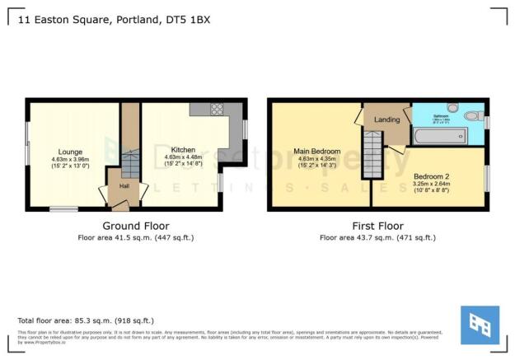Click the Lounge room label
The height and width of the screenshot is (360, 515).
[x=70, y=151]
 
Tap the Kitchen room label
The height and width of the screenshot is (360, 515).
[x=183, y=150]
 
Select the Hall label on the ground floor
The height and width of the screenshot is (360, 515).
[x=124, y=186]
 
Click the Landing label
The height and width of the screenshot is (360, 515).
[x=387, y=119]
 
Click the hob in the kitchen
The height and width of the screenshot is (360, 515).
[x=218, y=108]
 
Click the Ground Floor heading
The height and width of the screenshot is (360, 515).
[x=136, y=225]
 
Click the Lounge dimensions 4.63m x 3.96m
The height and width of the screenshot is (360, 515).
[x=70, y=158]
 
